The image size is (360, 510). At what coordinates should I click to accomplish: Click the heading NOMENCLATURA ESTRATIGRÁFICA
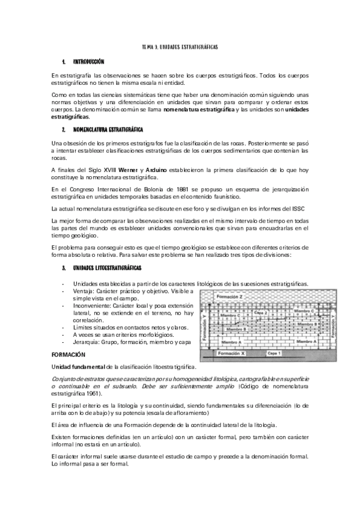[108, 129]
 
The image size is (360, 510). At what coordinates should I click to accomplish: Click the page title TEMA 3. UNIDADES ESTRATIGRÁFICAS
[179, 46]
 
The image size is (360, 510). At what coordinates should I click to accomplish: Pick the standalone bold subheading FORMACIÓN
[69, 355]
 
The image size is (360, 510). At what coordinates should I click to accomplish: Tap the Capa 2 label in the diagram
[260, 313]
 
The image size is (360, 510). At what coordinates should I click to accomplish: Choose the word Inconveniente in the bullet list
[92, 306]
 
